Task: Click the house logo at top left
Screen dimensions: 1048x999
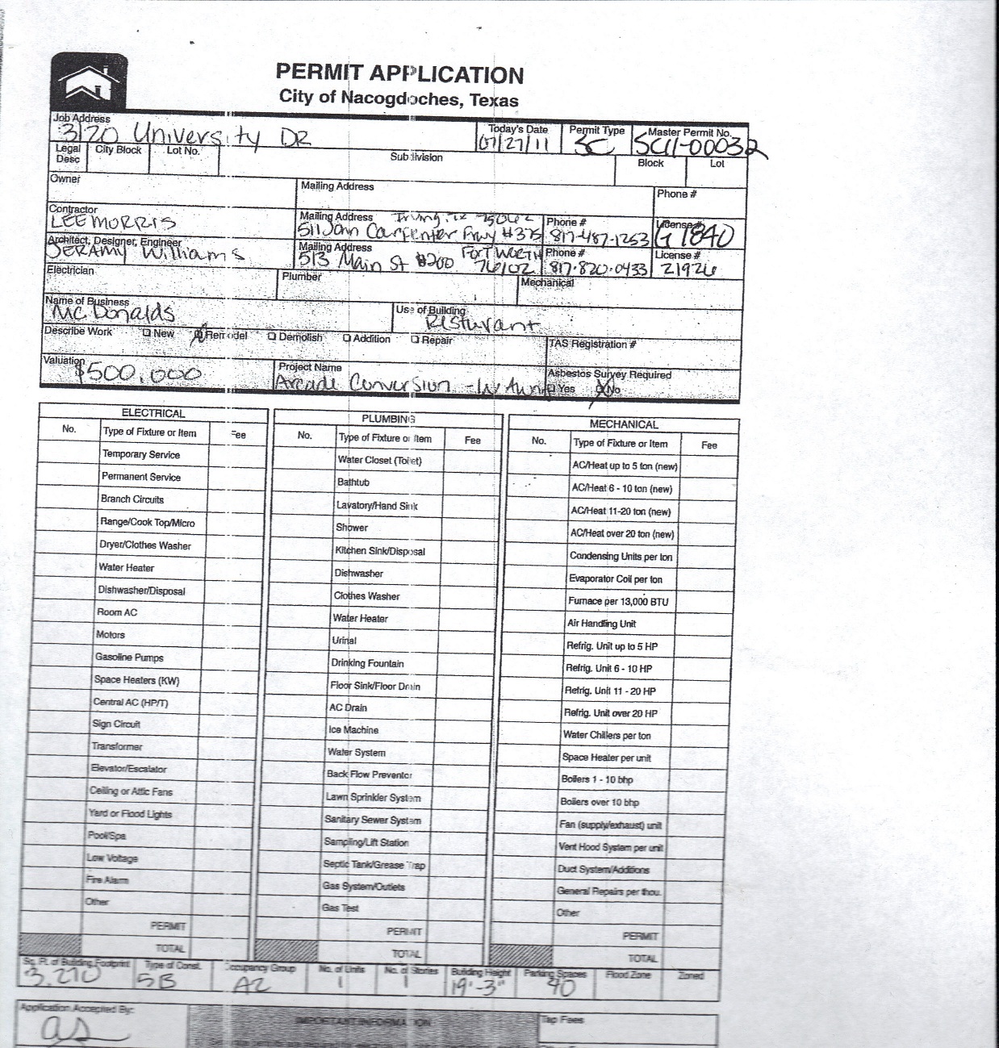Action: click(x=89, y=83)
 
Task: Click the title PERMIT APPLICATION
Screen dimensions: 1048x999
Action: click(x=399, y=74)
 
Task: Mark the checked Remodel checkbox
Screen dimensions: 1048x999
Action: click(x=199, y=336)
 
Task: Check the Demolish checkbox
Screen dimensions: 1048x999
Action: click(x=272, y=337)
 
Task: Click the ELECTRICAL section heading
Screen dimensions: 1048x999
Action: click(x=153, y=413)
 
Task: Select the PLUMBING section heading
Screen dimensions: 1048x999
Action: click(x=388, y=419)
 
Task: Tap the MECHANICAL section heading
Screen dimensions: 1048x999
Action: click(x=623, y=424)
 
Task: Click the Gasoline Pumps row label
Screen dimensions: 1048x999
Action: click(x=129, y=658)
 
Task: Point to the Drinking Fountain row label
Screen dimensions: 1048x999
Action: click(x=367, y=663)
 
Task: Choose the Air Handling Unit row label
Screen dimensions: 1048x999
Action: click(x=601, y=624)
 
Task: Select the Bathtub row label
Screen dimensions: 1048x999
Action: click(x=353, y=482)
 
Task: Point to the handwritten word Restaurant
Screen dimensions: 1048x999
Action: click(x=481, y=324)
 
